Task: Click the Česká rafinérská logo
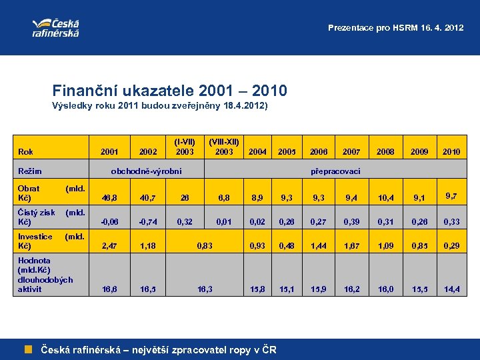[55, 26]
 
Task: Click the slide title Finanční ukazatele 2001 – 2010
[170, 90]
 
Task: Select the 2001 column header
[109, 152]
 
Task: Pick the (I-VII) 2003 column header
[185, 147]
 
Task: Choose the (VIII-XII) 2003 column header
[224, 147]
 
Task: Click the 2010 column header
[451, 152]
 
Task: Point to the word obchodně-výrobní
[146, 172]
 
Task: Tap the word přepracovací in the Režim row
[335, 172]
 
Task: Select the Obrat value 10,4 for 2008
[386, 198]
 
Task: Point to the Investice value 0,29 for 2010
[451, 246]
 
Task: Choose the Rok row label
[26, 152]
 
